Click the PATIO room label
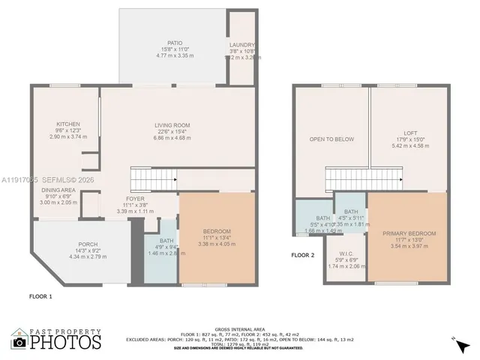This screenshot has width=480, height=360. coord(175,43)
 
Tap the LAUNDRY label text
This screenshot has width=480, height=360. coord(241,45)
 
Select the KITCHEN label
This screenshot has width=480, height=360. coord(68,124)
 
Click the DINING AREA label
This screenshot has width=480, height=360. coord(58,190)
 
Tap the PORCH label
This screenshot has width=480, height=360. coord(88,244)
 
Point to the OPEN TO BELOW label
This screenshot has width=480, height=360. coord(331,139)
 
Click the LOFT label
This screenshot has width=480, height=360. coord(409,133)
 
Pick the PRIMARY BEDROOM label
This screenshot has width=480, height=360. coord(409,233)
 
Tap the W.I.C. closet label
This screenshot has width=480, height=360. coord(346,253)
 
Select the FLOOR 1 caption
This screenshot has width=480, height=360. coord(40,297)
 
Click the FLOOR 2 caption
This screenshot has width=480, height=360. coord(304,255)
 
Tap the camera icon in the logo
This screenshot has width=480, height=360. coord(19,342)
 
